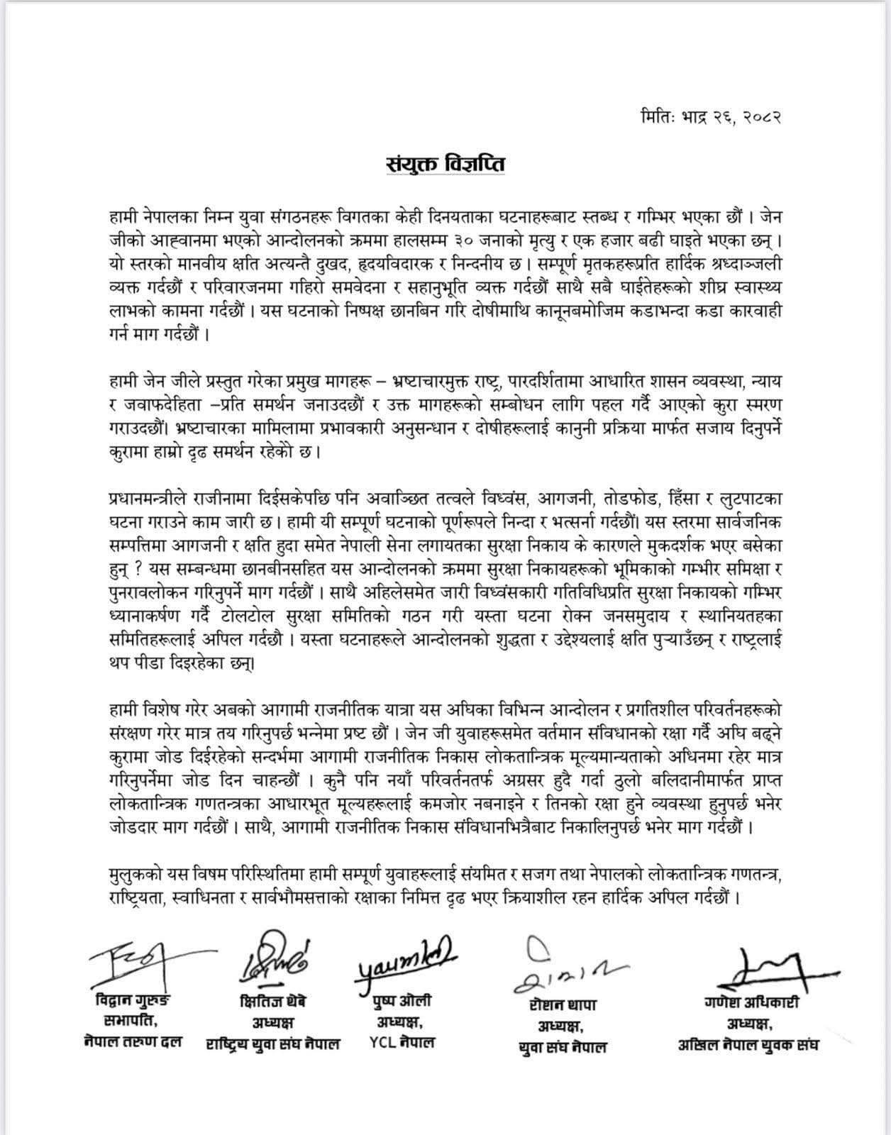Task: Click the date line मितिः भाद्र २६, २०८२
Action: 710,116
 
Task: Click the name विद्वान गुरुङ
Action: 133,1001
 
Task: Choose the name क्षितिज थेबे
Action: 272,1002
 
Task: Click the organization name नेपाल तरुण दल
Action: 133,1042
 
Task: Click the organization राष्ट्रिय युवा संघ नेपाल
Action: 273,1044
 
